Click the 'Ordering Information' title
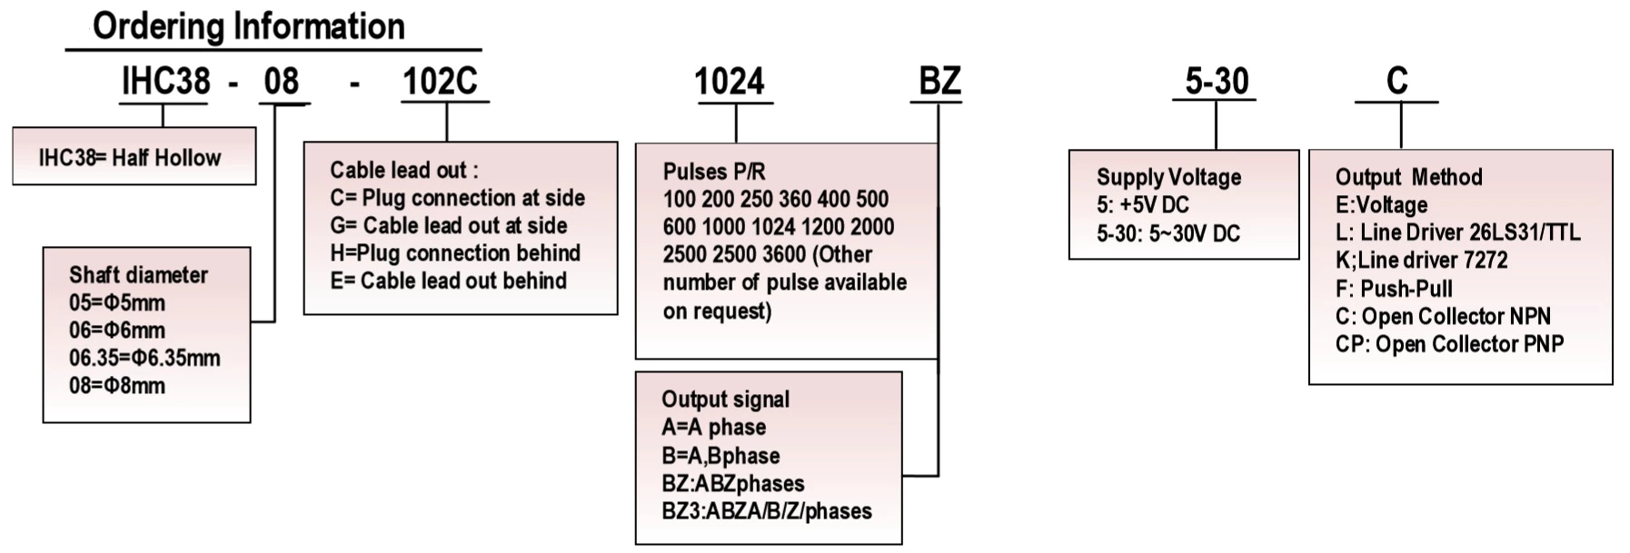(x=248, y=26)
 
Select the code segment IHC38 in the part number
(x=165, y=82)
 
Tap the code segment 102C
(x=440, y=82)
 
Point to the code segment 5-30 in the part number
(x=1217, y=82)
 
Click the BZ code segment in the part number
(x=939, y=82)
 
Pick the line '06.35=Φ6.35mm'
(x=144, y=358)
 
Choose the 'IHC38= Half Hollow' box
(x=134, y=157)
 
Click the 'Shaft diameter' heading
(x=138, y=275)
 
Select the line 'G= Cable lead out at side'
(x=448, y=225)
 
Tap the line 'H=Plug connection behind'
(x=454, y=252)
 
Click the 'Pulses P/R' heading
(x=713, y=172)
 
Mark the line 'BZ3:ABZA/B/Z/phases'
(x=766, y=511)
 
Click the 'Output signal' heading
(x=725, y=400)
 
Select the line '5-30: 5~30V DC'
(x=1168, y=233)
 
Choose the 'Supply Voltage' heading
(x=1168, y=177)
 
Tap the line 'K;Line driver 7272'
(x=1421, y=261)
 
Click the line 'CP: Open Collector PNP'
(x=1449, y=344)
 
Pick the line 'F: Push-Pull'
(x=1394, y=289)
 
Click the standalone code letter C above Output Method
(x=1396, y=82)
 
